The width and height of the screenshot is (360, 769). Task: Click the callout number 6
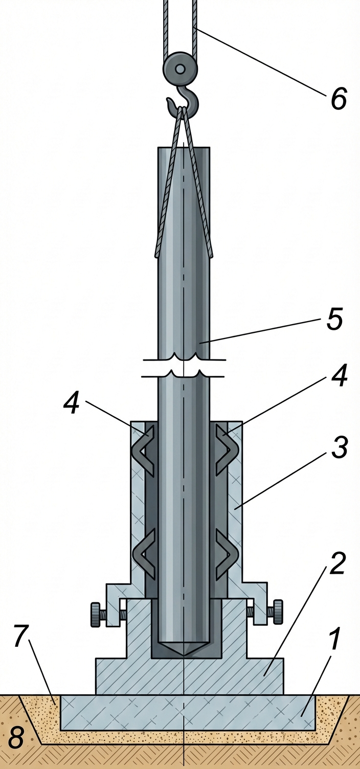coord(339,99)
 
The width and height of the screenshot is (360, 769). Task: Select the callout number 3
coord(339,447)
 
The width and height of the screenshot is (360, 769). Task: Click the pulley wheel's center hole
coord(180,69)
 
